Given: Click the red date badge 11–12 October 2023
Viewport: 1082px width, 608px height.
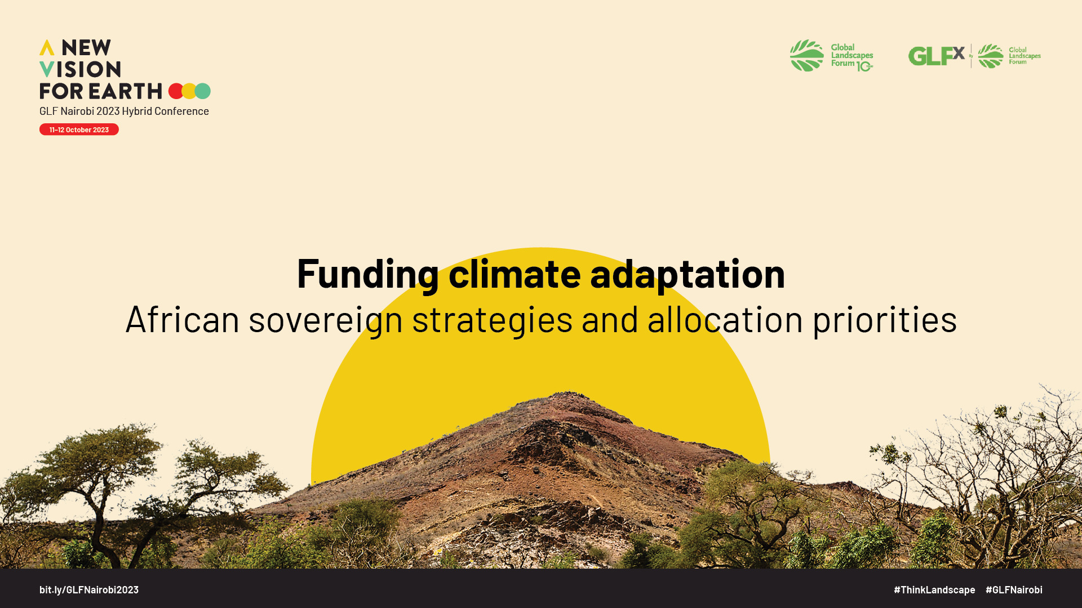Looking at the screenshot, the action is click(x=79, y=129).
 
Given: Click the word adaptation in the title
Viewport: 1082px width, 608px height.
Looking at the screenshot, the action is click(x=688, y=274).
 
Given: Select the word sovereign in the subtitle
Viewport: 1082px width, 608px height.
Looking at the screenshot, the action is click(x=326, y=320).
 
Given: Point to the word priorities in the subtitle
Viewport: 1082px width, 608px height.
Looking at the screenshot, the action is click(x=885, y=319).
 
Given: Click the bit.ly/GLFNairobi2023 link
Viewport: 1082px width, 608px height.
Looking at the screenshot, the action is click(x=89, y=589).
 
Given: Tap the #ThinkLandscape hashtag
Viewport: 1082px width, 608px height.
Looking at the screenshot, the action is click(x=934, y=589).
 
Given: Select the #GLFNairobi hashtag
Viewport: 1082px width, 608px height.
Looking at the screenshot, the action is click(x=1014, y=589).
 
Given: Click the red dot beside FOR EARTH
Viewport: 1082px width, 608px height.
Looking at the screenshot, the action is click(x=176, y=91).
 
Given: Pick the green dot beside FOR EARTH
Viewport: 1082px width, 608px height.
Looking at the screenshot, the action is click(x=203, y=91).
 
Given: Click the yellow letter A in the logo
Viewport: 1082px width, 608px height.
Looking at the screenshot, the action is click(x=47, y=47).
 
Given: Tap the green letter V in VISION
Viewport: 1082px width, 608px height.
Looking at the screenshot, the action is click(x=47, y=69).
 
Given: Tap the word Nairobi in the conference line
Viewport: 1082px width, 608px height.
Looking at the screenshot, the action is click(x=77, y=111).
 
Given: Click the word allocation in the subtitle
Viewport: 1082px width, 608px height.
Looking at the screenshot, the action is click(x=725, y=319).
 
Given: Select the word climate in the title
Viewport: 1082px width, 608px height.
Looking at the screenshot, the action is click(x=515, y=273).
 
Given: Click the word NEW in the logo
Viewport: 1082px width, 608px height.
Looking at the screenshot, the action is click(x=86, y=47).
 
